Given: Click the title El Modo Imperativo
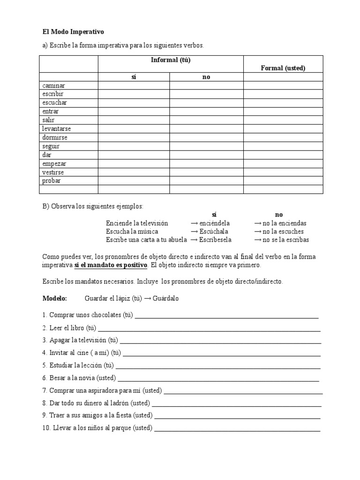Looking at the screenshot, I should coord(73,32).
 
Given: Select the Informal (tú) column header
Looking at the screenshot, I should coord(171,60).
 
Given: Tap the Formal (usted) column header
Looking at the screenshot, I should coord(283,68).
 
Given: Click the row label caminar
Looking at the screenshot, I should coord(53,86).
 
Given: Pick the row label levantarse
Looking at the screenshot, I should coord(56,128).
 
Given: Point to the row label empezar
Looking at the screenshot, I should coord(54,163).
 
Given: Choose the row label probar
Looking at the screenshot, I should coord(52,180).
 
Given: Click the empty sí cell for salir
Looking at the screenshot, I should coord(134,120).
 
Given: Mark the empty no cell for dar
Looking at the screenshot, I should coord(206,155).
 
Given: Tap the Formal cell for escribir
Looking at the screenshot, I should coord(283,94).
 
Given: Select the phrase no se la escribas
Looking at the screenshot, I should coord(285,240).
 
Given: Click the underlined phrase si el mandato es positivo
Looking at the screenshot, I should coord(111,265).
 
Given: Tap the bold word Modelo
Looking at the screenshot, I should coord(55,299).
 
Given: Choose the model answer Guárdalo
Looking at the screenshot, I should coord(165,299).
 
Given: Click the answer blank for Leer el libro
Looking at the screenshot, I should coord(209,329).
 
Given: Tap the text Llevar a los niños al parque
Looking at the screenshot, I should coord(100,428).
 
